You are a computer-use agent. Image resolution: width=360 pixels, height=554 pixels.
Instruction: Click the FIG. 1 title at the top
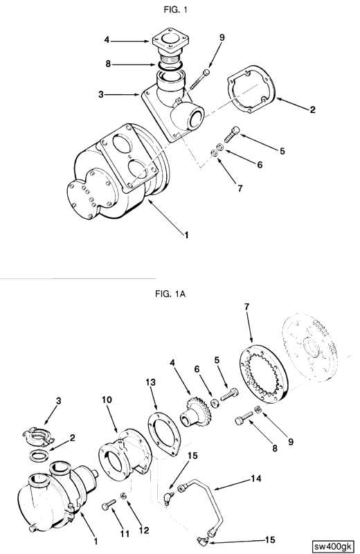point(175,10)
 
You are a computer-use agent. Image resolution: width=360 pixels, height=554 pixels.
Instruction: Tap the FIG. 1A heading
point(170,294)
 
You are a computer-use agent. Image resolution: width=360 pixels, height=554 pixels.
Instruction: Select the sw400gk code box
point(332,546)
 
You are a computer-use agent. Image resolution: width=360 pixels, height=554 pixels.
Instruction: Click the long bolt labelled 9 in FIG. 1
point(199,80)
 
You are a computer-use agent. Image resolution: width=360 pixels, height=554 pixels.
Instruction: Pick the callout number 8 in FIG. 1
point(109,64)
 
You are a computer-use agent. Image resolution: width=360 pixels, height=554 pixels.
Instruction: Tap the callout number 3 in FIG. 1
point(101,95)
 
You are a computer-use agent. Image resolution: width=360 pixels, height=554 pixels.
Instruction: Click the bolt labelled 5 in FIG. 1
point(232,134)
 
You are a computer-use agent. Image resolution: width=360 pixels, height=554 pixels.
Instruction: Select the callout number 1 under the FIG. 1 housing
point(186,234)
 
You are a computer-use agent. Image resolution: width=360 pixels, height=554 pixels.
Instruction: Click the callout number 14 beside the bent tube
point(256,479)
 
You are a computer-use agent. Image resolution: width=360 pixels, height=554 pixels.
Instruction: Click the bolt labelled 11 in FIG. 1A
point(109,504)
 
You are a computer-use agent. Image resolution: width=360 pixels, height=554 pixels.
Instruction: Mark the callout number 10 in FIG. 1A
point(107,400)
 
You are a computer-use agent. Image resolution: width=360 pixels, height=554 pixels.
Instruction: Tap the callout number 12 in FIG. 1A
point(144,530)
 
